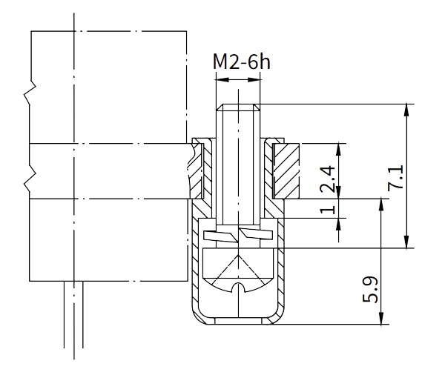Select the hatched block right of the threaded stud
[285, 170]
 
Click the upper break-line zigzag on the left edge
[30, 93]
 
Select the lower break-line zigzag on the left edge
[30, 179]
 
